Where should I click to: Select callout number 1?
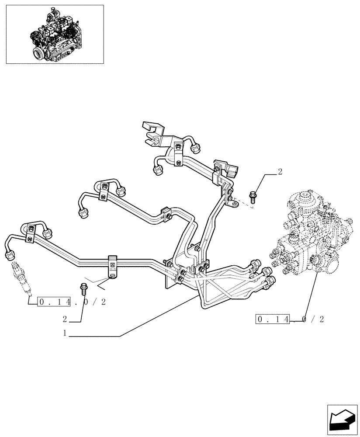65,333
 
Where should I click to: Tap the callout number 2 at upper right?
280,171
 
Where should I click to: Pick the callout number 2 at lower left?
65,319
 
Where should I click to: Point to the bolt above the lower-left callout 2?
83,289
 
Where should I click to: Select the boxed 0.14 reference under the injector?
54,302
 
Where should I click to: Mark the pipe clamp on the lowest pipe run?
113,266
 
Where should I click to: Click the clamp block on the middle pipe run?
165,213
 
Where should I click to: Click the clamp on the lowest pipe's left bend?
30,233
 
